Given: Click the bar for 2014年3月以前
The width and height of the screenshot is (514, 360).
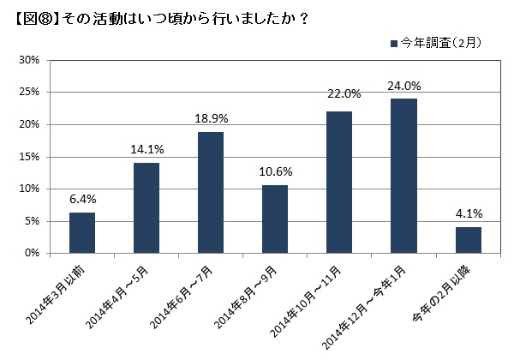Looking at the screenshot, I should point(82,233).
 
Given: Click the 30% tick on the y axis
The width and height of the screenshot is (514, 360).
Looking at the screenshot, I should point(29,60).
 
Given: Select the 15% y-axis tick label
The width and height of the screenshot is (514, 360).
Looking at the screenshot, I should point(29,157).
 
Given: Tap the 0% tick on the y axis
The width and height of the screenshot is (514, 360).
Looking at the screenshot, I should point(33,254).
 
